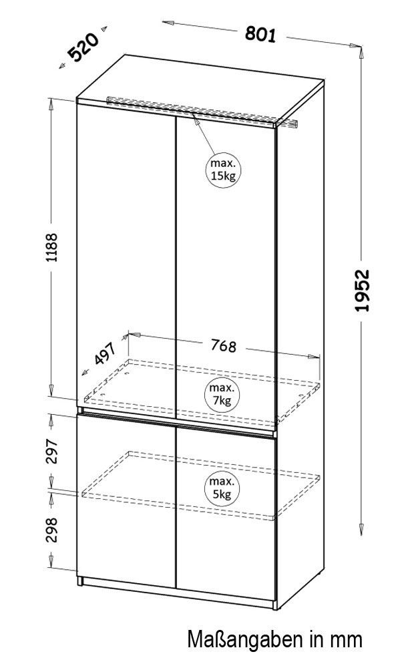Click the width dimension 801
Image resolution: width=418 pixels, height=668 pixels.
[260, 35]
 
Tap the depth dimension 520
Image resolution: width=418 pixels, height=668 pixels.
[83, 47]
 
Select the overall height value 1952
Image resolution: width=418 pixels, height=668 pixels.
[362, 290]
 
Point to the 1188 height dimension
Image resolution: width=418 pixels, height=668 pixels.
[52, 247]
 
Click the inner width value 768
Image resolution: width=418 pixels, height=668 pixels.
[224, 345]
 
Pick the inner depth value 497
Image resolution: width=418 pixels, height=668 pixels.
[105, 353]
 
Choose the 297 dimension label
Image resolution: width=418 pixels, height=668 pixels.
[52, 451]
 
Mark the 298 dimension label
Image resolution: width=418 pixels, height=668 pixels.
[52, 530]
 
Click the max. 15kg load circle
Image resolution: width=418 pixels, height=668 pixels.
[223, 170]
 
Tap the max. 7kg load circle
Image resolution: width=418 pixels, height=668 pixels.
[222, 395]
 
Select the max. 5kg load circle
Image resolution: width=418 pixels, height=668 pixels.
[222, 488]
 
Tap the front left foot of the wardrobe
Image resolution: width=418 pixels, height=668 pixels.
[79, 580]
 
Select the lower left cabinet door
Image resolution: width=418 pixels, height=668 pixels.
[126, 500]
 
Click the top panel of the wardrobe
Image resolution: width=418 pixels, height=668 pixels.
[200, 90]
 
